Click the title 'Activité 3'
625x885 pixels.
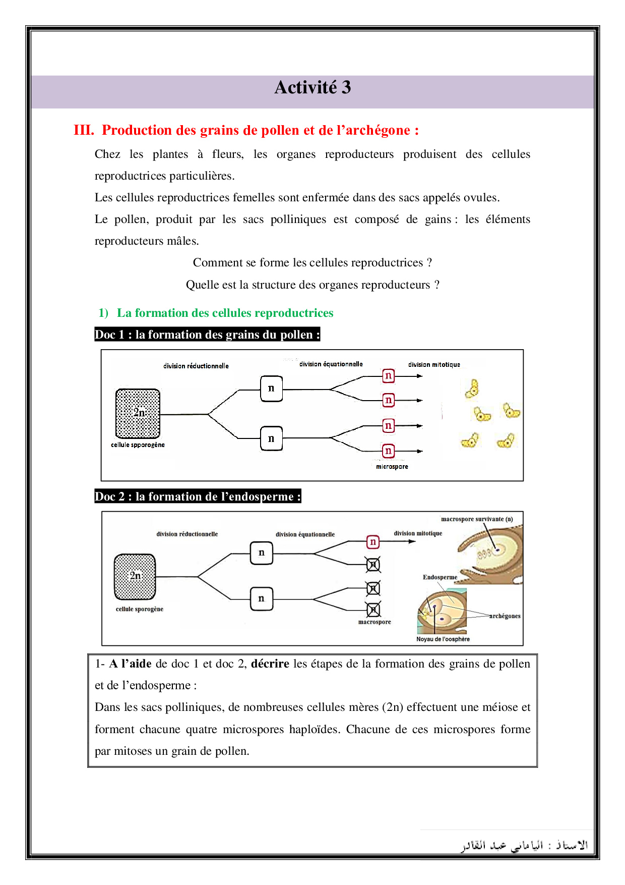(312, 88)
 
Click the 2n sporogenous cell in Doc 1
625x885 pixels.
(138, 413)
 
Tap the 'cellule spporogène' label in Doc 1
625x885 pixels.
(138, 445)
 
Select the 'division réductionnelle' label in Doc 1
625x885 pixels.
(196, 366)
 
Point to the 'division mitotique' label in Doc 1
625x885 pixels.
(434, 364)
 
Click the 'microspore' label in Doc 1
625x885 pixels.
(392, 467)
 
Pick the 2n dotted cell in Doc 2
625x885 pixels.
(135, 576)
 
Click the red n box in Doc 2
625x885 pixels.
(372, 542)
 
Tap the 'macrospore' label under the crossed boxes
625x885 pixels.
(374, 622)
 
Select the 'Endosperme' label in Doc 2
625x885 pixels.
(440, 577)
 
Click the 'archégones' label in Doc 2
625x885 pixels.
(505, 616)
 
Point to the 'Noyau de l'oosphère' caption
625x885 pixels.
(443, 639)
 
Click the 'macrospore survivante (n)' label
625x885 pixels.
(477, 519)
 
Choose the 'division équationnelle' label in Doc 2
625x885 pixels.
(305, 534)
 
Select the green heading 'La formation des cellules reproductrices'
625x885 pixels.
(225, 313)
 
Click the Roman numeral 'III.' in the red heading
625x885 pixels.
(84, 130)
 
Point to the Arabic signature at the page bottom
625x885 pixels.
(525, 846)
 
